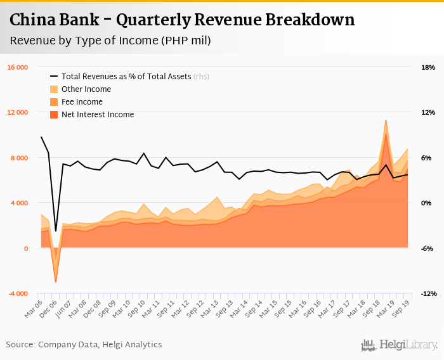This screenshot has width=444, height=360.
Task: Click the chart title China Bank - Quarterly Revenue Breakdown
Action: click(x=182, y=20)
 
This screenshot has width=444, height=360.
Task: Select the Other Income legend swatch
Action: click(x=54, y=89)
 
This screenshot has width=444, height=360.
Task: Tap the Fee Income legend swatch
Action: click(x=54, y=102)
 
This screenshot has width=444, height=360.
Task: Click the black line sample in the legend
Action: click(x=54, y=77)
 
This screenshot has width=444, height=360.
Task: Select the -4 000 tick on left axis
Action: click(x=18, y=293)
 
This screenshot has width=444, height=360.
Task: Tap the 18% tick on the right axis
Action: click(x=428, y=67)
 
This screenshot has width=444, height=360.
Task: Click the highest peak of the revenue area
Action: click(x=386, y=120)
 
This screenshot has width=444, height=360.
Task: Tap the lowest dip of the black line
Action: click(x=56, y=231)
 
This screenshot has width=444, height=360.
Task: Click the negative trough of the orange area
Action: click(x=56, y=281)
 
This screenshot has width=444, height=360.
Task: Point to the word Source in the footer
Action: click(x=21, y=345)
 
